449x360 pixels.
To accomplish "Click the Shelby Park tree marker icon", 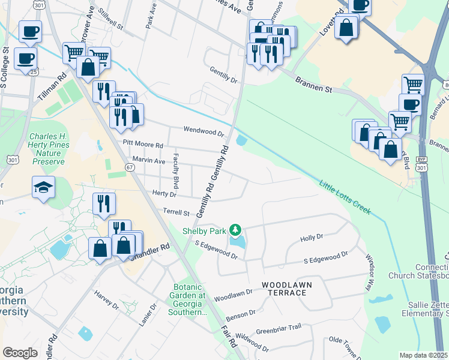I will [x=237, y=229].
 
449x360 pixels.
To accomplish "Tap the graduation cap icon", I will [x=44, y=188].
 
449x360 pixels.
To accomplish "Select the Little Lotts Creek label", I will [x=345, y=198].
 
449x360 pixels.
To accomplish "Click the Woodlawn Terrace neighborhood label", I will [x=284, y=287].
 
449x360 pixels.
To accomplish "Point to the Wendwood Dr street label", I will [x=203, y=131].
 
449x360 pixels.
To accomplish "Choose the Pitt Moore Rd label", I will [x=143, y=145].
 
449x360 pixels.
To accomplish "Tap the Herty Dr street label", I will [x=164, y=193].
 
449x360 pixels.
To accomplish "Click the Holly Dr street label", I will [x=312, y=238].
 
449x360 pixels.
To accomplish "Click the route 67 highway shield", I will [x=130, y=167].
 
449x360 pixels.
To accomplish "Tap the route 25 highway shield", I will [x=35, y=72].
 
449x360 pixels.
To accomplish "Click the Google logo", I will [x=20, y=352].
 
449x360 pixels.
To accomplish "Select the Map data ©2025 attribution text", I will [x=423, y=355].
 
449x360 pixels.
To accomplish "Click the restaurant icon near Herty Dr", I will [x=103, y=205].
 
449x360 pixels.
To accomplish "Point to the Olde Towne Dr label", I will [x=344, y=344].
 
